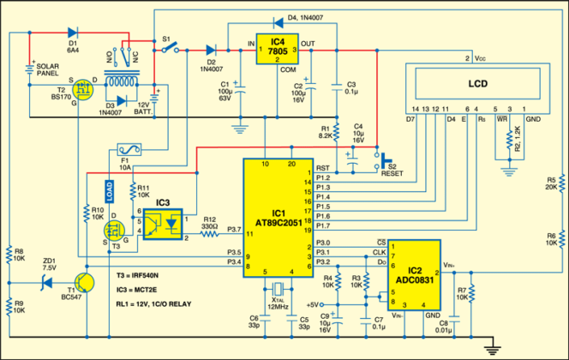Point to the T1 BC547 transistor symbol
(83, 284)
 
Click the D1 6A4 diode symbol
(72, 35)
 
